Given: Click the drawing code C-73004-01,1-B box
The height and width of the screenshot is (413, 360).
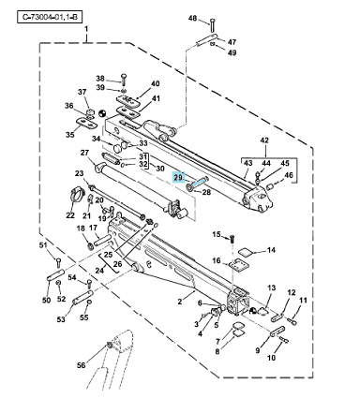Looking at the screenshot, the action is pos(50,17).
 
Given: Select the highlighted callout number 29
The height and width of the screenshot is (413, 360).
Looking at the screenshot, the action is pos(178,177).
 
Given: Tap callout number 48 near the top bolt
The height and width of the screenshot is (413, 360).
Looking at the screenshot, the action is pos(192,18).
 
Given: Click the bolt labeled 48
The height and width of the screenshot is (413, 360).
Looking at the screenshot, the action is pos(213,25).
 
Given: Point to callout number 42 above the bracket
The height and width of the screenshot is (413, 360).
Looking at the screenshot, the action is pos(264,140).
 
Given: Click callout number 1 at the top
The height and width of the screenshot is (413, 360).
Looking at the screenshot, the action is pos(86,29).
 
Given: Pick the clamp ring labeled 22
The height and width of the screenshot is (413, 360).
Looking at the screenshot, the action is pos(77,195).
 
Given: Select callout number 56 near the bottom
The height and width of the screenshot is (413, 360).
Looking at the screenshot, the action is pos(82,364).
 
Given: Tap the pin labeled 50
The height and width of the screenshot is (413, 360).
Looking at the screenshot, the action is pos(56,273).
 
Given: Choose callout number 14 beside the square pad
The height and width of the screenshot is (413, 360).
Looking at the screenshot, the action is pos(271,250).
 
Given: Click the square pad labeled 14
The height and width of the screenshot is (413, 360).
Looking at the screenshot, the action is pos(246,252).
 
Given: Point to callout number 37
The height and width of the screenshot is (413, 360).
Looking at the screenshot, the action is pos(82,92).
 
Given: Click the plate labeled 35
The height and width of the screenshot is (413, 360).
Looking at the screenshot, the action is pos(86,123).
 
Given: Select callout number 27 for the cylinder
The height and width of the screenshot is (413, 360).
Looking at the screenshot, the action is pos(84,153).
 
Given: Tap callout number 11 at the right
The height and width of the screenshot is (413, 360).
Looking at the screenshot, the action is pos(303,301).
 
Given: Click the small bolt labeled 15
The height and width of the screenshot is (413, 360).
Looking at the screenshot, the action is pos(232,239).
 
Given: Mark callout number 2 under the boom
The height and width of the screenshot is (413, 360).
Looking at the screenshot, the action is pos(180,302).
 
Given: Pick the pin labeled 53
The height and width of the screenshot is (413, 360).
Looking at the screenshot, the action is pos(82,298).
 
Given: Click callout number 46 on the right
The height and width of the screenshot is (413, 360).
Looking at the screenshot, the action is pos(289,175).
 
